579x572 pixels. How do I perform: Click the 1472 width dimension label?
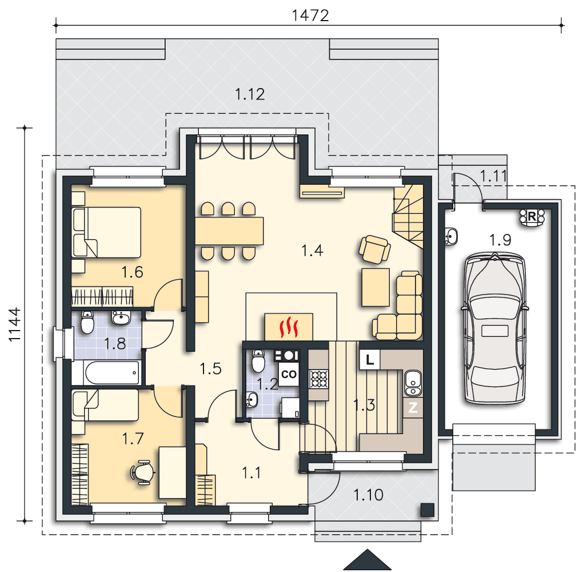(x=310, y=15)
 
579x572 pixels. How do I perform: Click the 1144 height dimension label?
(x=15, y=324)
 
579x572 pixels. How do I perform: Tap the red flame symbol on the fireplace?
(x=289, y=327)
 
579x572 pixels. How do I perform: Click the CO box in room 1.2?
(x=289, y=374)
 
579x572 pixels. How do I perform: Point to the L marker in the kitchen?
(x=370, y=360)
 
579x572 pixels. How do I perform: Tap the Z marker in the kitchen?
(x=413, y=407)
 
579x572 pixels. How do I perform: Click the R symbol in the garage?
(x=532, y=217)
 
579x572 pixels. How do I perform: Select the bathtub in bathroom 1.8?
(x=112, y=372)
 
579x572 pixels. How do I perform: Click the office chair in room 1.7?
(x=142, y=472)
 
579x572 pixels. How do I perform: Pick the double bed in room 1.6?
(x=107, y=232)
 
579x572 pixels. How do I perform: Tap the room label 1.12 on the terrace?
(x=250, y=94)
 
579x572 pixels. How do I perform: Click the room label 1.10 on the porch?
(x=368, y=495)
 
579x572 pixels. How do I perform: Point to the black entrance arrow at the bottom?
(x=367, y=559)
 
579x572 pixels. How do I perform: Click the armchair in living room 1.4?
(x=374, y=249)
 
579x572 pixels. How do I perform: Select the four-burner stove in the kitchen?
(x=318, y=379)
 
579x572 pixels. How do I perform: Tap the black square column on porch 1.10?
(x=427, y=510)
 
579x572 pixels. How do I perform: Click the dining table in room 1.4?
(x=229, y=231)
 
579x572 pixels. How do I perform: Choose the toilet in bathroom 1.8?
(x=87, y=322)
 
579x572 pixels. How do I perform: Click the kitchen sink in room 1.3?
(x=413, y=383)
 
